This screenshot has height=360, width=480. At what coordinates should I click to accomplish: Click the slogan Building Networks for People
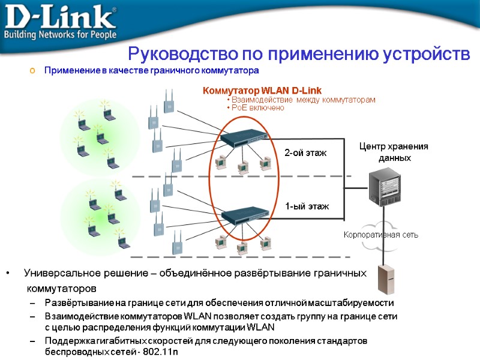[x=59, y=35]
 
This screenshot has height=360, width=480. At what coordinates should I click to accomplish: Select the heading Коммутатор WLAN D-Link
[x=262, y=90]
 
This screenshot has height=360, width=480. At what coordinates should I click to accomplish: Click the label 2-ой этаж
[x=305, y=153]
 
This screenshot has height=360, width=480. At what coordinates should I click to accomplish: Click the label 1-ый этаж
[x=307, y=206]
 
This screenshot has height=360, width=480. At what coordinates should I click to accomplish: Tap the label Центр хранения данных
[x=394, y=152]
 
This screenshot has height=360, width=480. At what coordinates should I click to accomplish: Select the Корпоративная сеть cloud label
[x=381, y=235]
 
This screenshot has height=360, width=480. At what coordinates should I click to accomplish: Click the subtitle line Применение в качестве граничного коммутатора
[x=151, y=71]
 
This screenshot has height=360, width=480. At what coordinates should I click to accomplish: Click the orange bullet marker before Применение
[x=33, y=71]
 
